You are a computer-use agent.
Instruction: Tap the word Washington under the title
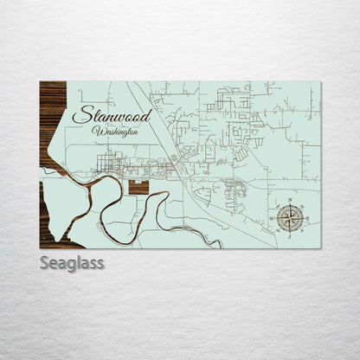pos(114,131)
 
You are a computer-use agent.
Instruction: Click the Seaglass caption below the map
pos(72,263)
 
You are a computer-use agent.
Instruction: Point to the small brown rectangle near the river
pos(138,187)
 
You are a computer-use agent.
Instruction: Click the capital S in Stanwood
pos(80,115)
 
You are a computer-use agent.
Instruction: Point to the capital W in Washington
pos(95,130)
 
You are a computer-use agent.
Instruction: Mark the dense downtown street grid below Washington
pos(111,162)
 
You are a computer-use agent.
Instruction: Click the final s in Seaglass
pos(100,263)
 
